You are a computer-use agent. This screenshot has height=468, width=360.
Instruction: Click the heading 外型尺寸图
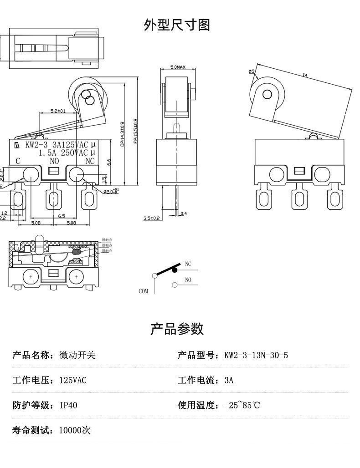pyautogui.click(x=177, y=25)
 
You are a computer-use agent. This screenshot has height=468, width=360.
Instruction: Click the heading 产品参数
pyautogui.click(x=177, y=329)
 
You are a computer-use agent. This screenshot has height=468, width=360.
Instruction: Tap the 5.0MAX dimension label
pyautogui.click(x=178, y=67)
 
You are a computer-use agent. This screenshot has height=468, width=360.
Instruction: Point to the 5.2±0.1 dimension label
pyautogui.click(x=58, y=111)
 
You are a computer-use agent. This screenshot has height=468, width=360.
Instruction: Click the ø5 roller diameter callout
pyautogui.click(x=251, y=71)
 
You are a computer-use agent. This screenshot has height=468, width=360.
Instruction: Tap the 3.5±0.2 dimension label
pyautogui.click(x=151, y=218)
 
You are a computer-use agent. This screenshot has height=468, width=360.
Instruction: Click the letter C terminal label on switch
pyautogui.click(x=18, y=161)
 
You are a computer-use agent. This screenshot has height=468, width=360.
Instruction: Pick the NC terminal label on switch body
pyautogui.click(x=90, y=161)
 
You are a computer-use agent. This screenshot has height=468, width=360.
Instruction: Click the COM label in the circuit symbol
pyautogui.click(x=144, y=291)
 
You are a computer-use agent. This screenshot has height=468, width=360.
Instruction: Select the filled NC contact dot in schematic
pyautogui.click(x=175, y=270)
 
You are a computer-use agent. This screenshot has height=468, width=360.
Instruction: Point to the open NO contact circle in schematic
pyautogui.click(x=175, y=285)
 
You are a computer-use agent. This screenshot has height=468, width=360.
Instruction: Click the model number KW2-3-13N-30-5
pyautogui.click(x=256, y=355)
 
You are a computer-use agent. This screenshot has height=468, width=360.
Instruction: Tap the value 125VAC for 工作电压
pyautogui.click(x=73, y=380)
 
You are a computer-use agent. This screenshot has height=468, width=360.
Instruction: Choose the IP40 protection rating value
pyautogui.click(x=68, y=405)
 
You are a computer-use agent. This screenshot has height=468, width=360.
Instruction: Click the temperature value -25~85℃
pyautogui.click(x=242, y=405)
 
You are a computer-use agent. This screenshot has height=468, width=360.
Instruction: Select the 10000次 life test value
pyautogui.click(x=75, y=430)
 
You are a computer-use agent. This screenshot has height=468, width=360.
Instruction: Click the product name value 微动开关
pyautogui.click(x=77, y=355)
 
